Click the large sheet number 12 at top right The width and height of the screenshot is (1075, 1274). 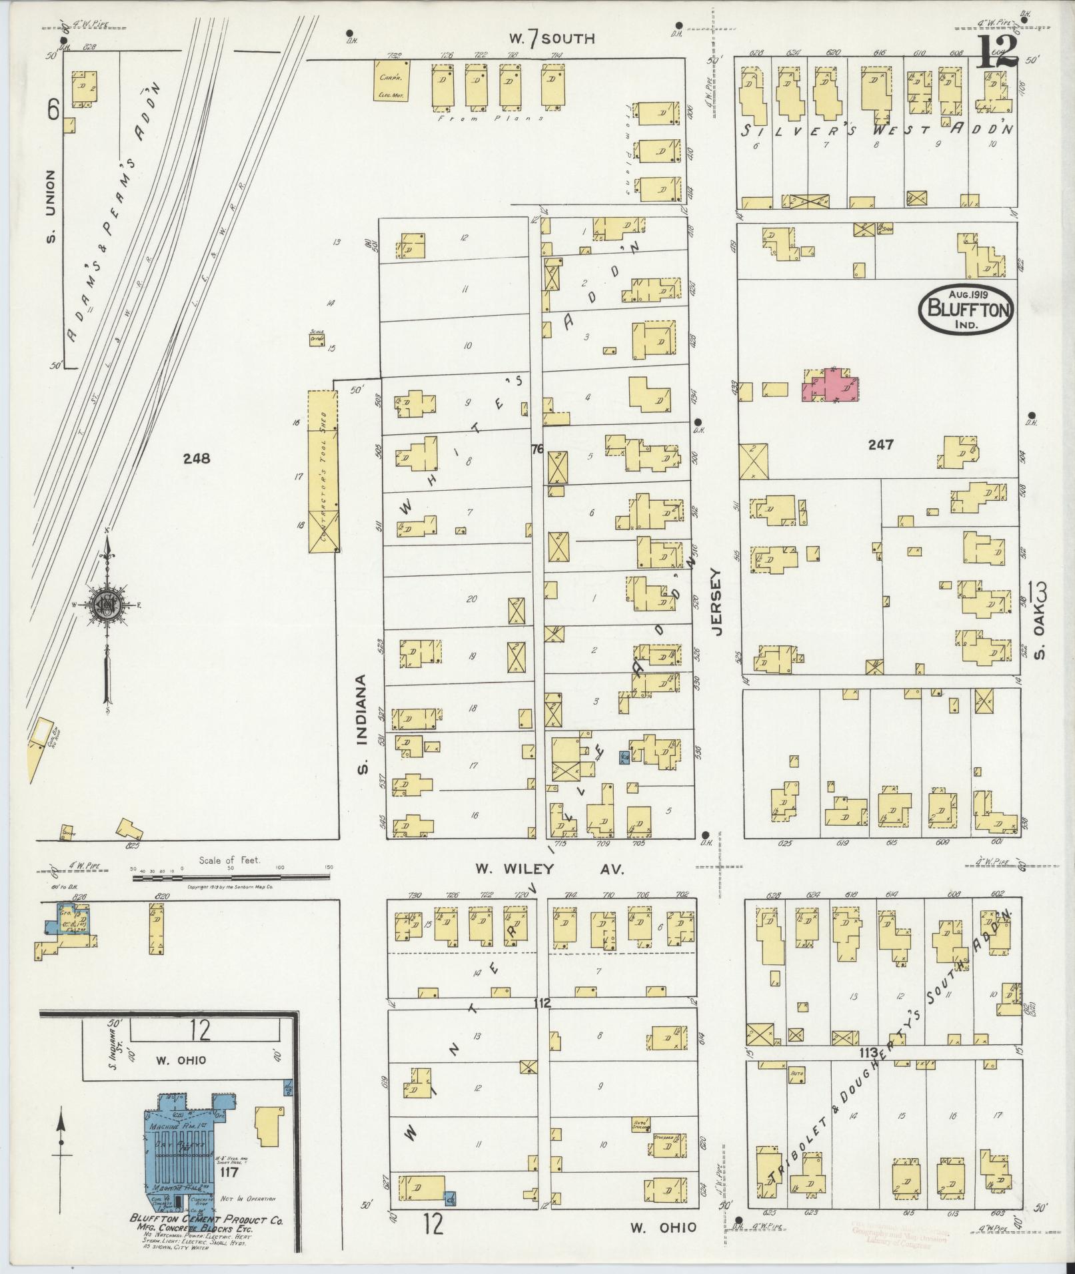998,51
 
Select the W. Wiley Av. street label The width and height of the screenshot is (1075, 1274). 549,868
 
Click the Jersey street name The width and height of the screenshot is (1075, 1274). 716,602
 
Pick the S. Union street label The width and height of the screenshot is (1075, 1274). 52,206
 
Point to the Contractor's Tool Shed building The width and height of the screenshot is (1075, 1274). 323,471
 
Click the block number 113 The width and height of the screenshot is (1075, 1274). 868,1053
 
